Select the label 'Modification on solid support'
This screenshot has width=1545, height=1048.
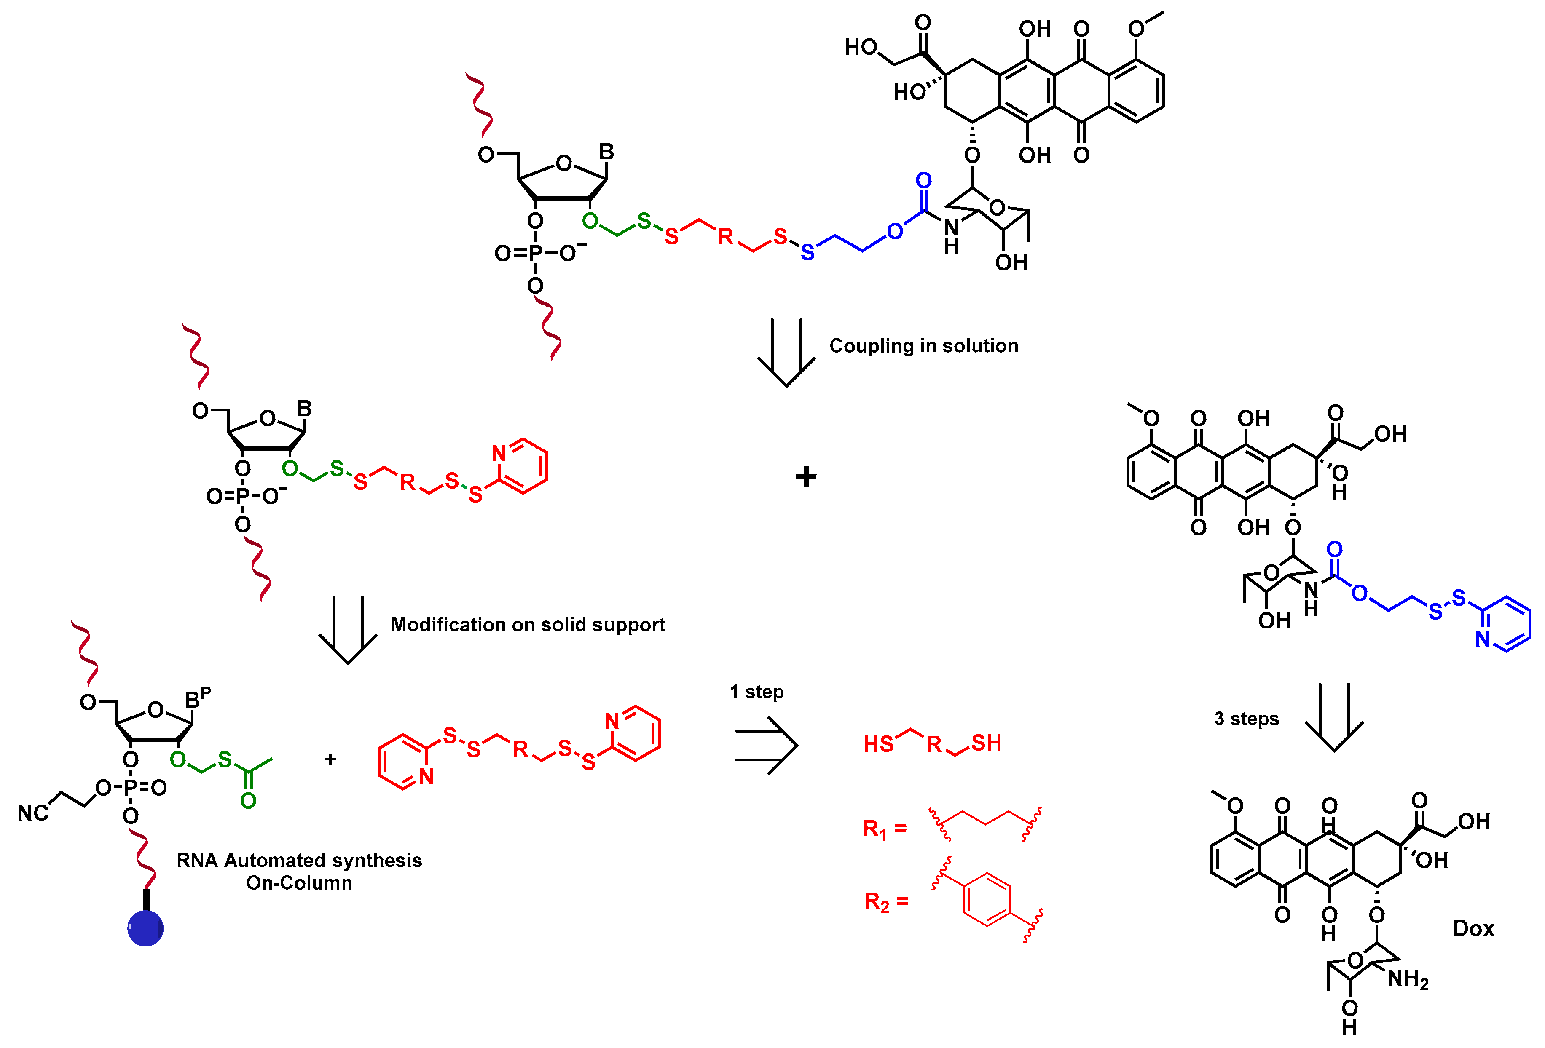coord(527,625)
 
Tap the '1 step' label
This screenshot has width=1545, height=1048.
coord(756,692)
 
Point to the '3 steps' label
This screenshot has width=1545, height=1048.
coord(1247,719)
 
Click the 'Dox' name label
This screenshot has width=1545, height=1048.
coord(1473,928)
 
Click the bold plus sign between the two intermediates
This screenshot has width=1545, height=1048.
coord(806,477)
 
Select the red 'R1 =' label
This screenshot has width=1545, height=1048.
coord(884,829)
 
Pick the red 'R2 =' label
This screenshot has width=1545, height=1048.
coord(885,902)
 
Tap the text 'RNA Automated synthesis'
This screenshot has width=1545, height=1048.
coord(299,861)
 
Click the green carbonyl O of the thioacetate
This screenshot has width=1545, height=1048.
coord(248,801)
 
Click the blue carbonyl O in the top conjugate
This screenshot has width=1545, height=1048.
coord(923,181)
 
